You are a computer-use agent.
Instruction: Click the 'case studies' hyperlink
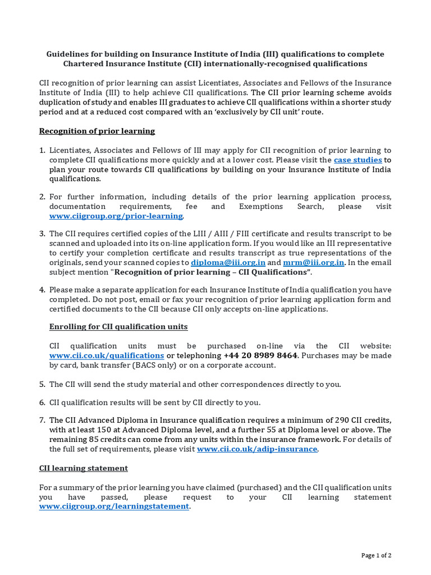click(x=358, y=159)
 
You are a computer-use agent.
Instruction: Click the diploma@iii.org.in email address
click(x=228, y=262)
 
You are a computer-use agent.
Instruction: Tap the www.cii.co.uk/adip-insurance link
click(x=257, y=449)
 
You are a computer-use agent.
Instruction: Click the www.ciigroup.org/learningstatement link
click(x=114, y=506)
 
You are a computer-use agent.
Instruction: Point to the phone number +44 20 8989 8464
click(x=260, y=355)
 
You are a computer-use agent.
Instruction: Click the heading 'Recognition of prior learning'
click(x=97, y=131)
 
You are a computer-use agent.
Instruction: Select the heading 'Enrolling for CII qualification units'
click(x=118, y=326)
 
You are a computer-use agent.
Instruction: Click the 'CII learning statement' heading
click(x=83, y=468)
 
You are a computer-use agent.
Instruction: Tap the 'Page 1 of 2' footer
click(x=376, y=555)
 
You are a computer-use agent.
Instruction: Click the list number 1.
click(x=42, y=150)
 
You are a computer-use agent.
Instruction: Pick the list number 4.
click(x=42, y=290)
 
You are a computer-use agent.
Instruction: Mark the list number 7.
click(x=42, y=420)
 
